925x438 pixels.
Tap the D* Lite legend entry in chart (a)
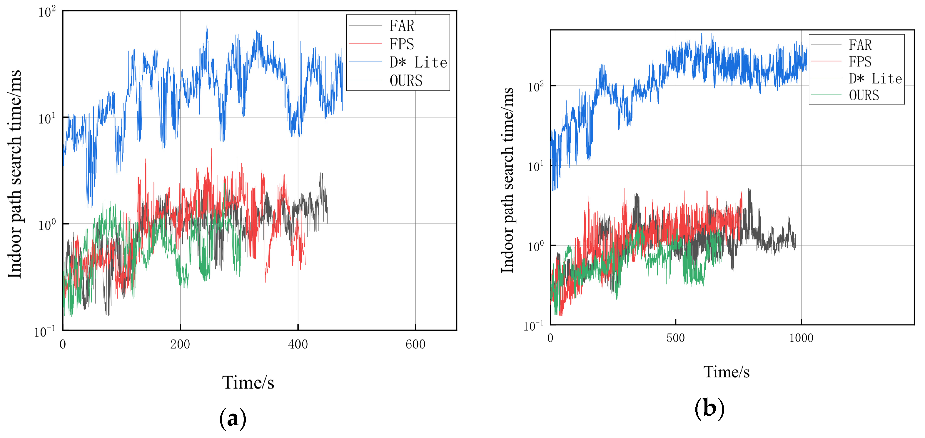click(x=418, y=63)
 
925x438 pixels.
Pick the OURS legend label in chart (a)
click(x=406, y=81)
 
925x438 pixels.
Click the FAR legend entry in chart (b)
click(x=860, y=45)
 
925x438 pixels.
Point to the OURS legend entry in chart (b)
click(x=864, y=96)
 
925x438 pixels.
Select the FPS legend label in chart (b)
click(x=860, y=62)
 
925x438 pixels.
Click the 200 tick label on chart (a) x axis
click(x=180, y=344)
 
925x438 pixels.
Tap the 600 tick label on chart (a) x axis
click(x=415, y=344)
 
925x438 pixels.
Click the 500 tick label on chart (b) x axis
click(x=675, y=338)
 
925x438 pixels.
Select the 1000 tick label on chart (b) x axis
click(x=801, y=338)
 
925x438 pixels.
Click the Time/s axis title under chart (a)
click(x=248, y=383)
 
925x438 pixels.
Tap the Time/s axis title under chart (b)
click(x=726, y=372)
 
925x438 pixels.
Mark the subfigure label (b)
click(x=709, y=409)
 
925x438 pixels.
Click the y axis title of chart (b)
click(x=507, y=180)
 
